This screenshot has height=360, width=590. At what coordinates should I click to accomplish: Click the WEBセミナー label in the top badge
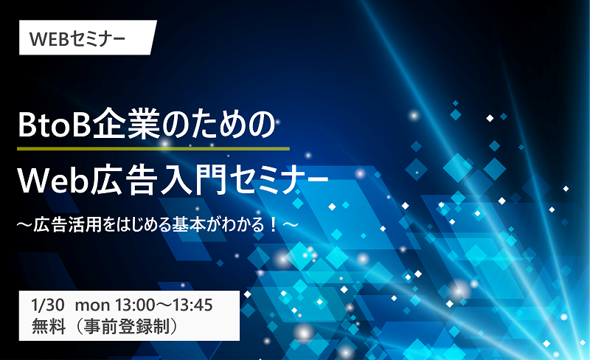[x=77, y=38]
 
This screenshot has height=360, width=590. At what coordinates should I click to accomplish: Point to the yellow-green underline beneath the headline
[x=153, y=149]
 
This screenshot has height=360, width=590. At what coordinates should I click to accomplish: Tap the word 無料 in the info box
[x=49, y=326]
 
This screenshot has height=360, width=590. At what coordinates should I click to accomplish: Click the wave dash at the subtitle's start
[x=24, y=225]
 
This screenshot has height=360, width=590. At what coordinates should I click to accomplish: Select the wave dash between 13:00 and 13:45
[x=163, y=305]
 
